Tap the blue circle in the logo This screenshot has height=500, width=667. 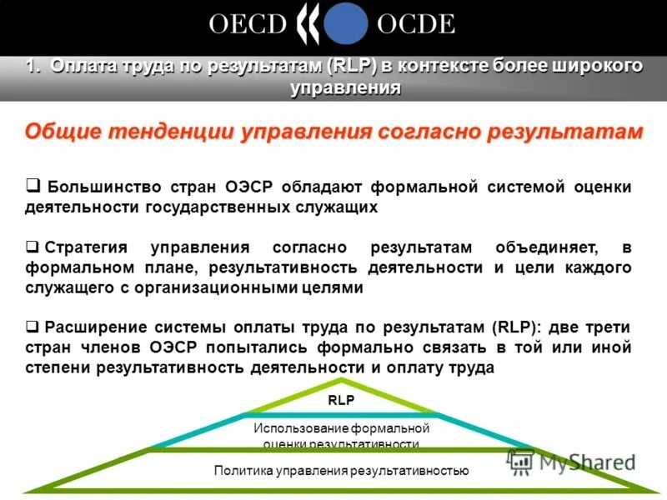[x=345, y=24]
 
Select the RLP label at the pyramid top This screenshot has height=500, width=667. [x=341, y=400]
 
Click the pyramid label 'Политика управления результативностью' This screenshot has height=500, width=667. [x=342, y=471]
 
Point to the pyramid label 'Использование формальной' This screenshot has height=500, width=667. [x=341, y=428]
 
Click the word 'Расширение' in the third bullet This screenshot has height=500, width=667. [x=98, y=327]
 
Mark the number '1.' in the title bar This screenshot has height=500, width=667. [x=33, y=67]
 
